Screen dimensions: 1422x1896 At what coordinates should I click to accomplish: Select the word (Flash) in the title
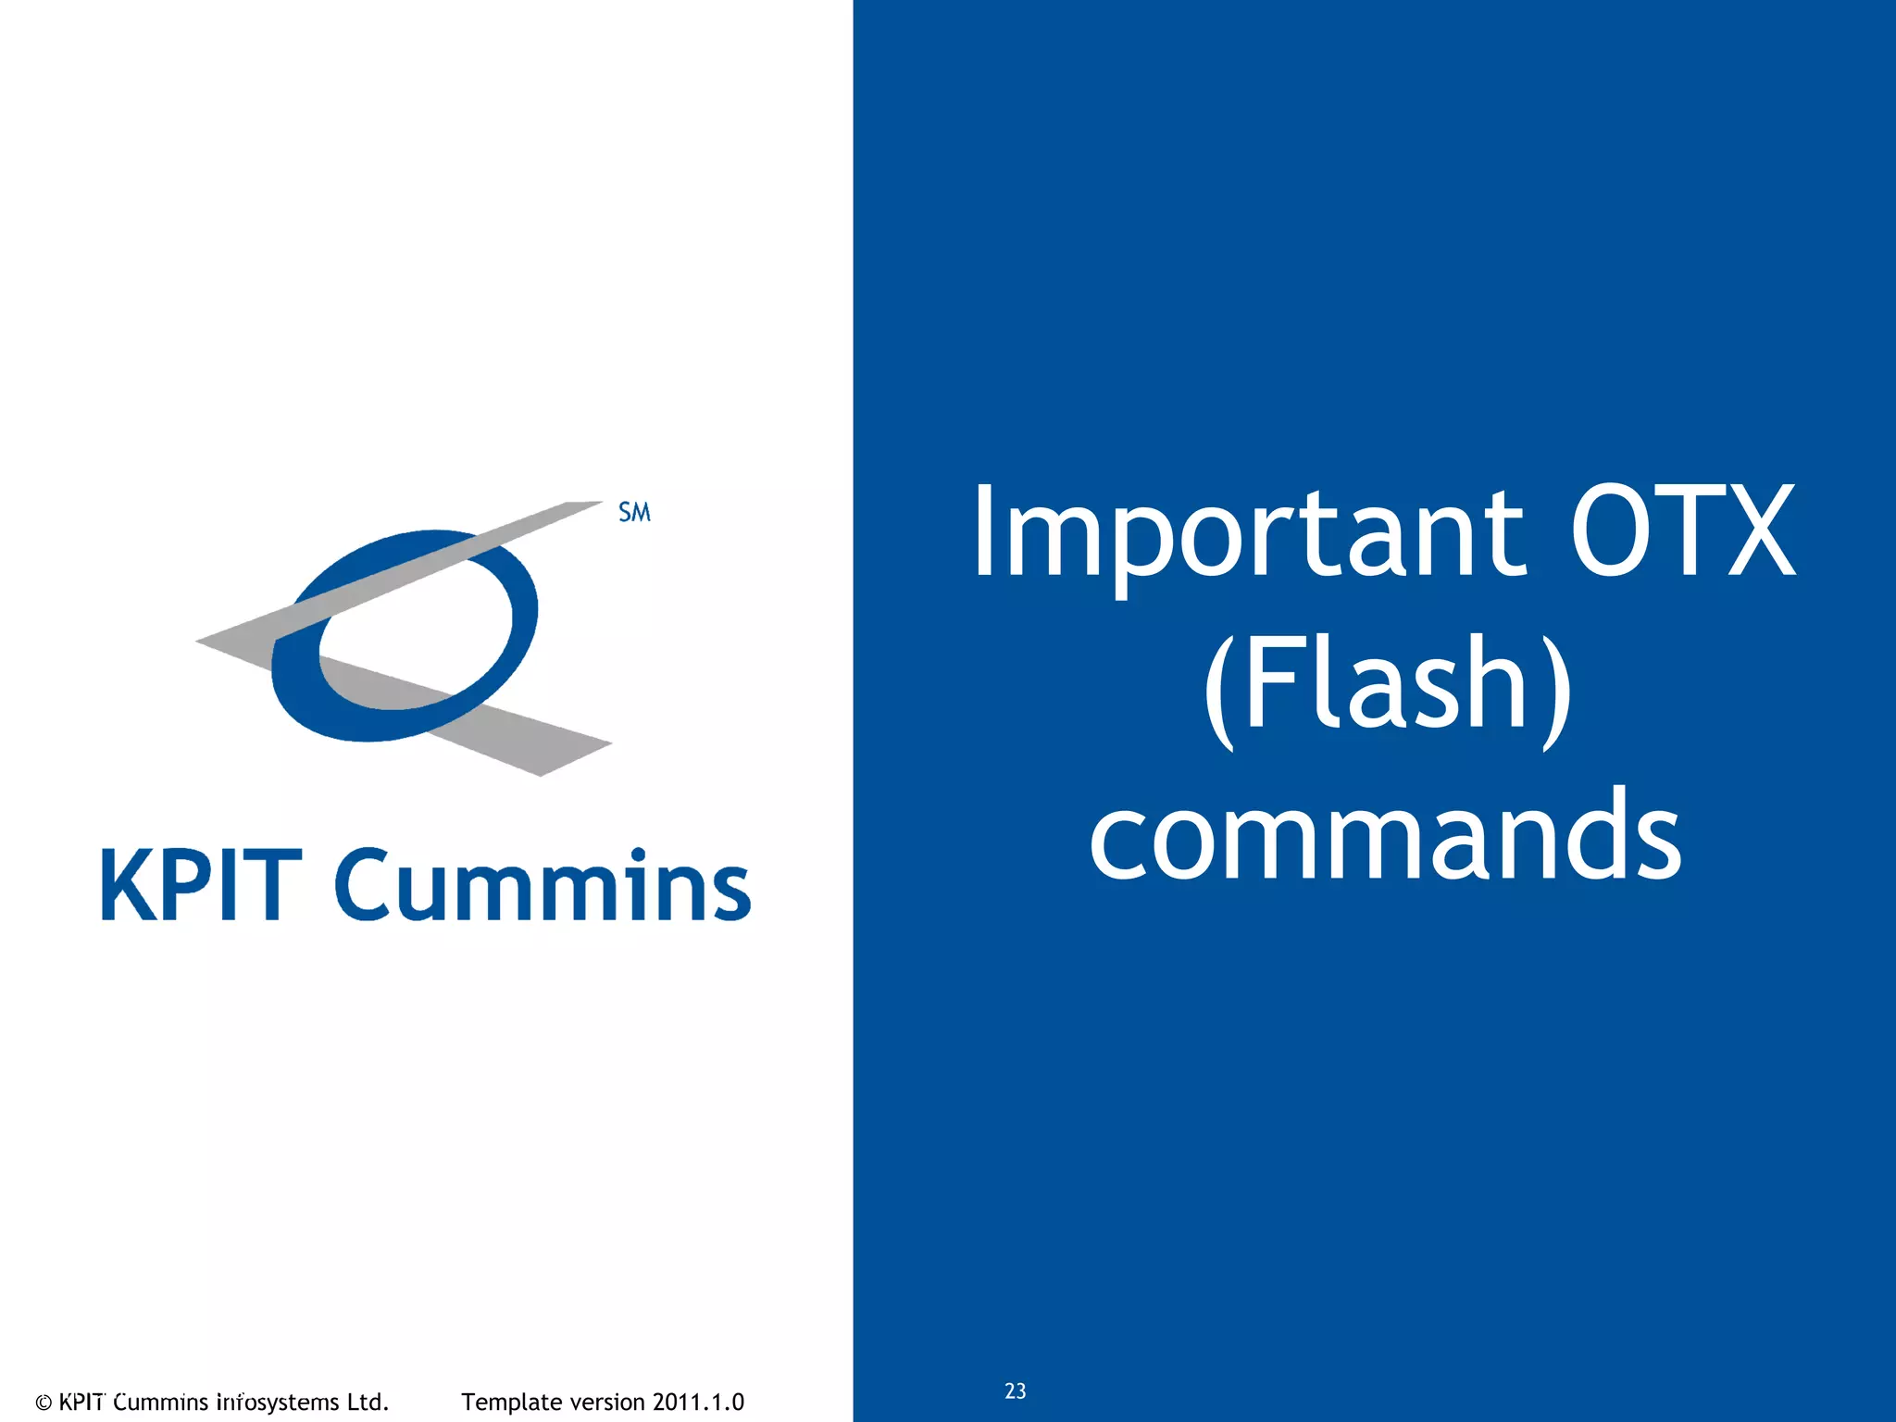1386,685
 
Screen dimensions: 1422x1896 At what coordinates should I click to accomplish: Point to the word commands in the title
1385,833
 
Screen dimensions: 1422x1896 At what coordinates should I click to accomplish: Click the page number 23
1015,1391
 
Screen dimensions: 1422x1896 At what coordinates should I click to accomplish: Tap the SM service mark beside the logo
634,512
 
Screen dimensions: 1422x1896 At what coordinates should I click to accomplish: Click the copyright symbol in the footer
44,1403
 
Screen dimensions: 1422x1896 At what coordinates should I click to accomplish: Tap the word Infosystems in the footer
278,1403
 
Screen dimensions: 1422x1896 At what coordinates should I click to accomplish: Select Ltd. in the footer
368,1403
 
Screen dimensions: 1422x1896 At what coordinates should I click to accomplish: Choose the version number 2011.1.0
698,1403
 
